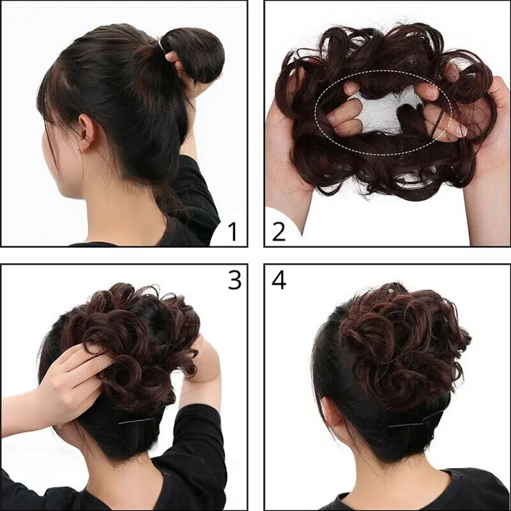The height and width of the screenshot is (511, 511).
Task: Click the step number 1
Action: coord(232,231)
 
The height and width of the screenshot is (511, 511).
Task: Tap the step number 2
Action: coord(278,231)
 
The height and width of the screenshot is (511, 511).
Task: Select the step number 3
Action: coord(234,280)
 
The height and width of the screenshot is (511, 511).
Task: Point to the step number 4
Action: coord(278,280)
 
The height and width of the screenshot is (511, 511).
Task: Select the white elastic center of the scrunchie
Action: coord(383,115)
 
